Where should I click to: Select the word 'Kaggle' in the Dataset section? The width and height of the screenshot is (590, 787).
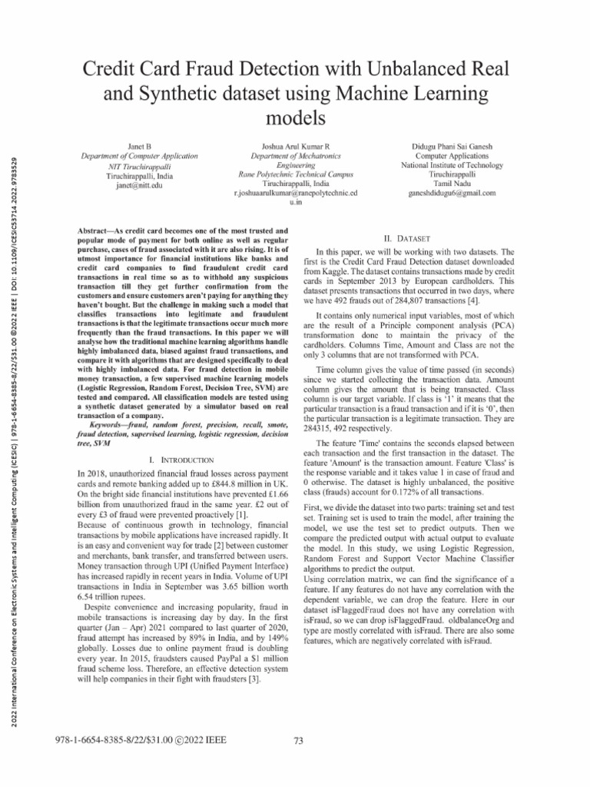pos(352,272)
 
